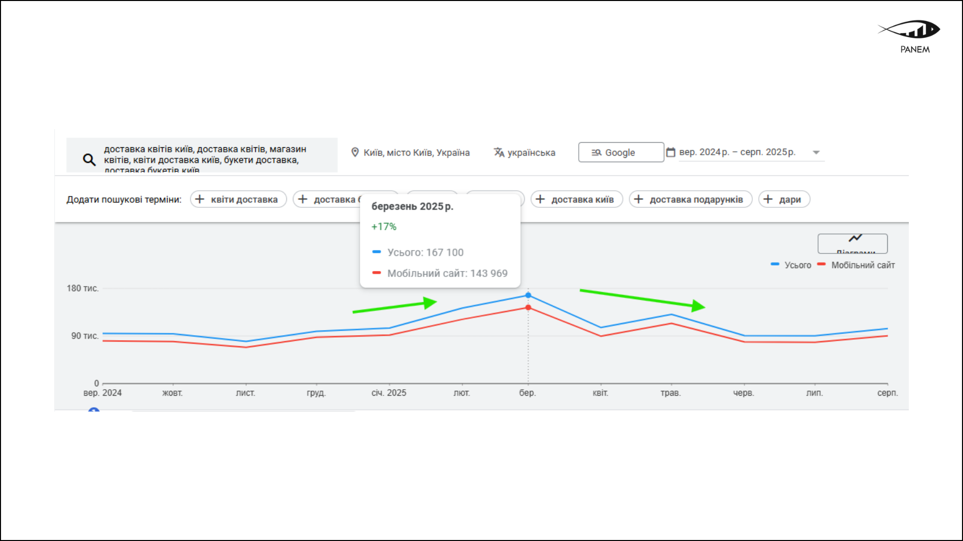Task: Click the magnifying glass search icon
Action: [x=89, y=160]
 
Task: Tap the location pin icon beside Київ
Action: [x=355, y=152]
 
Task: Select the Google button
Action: [x=620, y=152]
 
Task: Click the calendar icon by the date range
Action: [x=671, y=152]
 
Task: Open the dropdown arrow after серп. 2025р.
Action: [x=816, y=153]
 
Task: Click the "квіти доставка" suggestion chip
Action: [x=238, y=199]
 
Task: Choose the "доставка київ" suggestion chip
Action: [x=576, y=199]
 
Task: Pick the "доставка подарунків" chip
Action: [x=690, y=199]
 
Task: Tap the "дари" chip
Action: [x=784, y=199]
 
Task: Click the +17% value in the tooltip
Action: [x=384, y=227]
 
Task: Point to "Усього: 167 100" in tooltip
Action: [x=425, y=252]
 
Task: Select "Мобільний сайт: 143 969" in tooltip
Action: [x=447, y=274]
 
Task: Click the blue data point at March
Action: [x=528, y=296]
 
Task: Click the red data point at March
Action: [x=528, y=308]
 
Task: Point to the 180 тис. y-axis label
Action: [x=82, y=289]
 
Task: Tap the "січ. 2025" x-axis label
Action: [x=389, y=393]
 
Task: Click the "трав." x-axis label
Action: [x=671, y=393]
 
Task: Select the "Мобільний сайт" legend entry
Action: [x=862, y=265]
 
